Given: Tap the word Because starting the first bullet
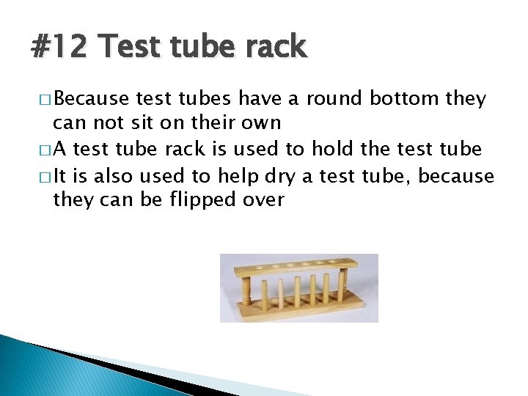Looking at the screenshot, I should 92,99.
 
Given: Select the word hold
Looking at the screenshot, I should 334,150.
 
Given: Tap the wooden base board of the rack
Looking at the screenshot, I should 301,312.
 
